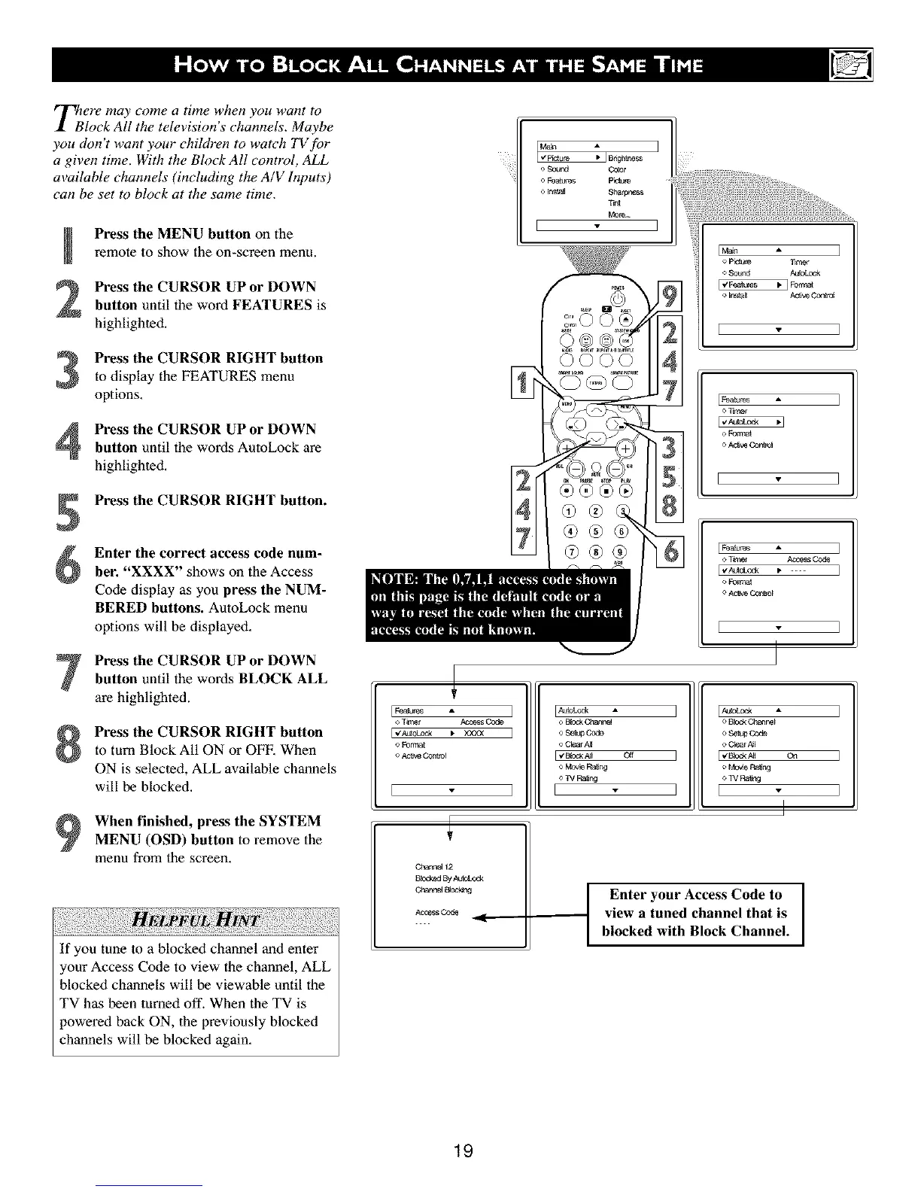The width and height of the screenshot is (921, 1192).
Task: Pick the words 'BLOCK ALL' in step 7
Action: pos(282,679)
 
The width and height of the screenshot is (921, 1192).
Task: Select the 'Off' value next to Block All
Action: pos(630,756)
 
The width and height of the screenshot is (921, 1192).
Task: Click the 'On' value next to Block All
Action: pos(792,756)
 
